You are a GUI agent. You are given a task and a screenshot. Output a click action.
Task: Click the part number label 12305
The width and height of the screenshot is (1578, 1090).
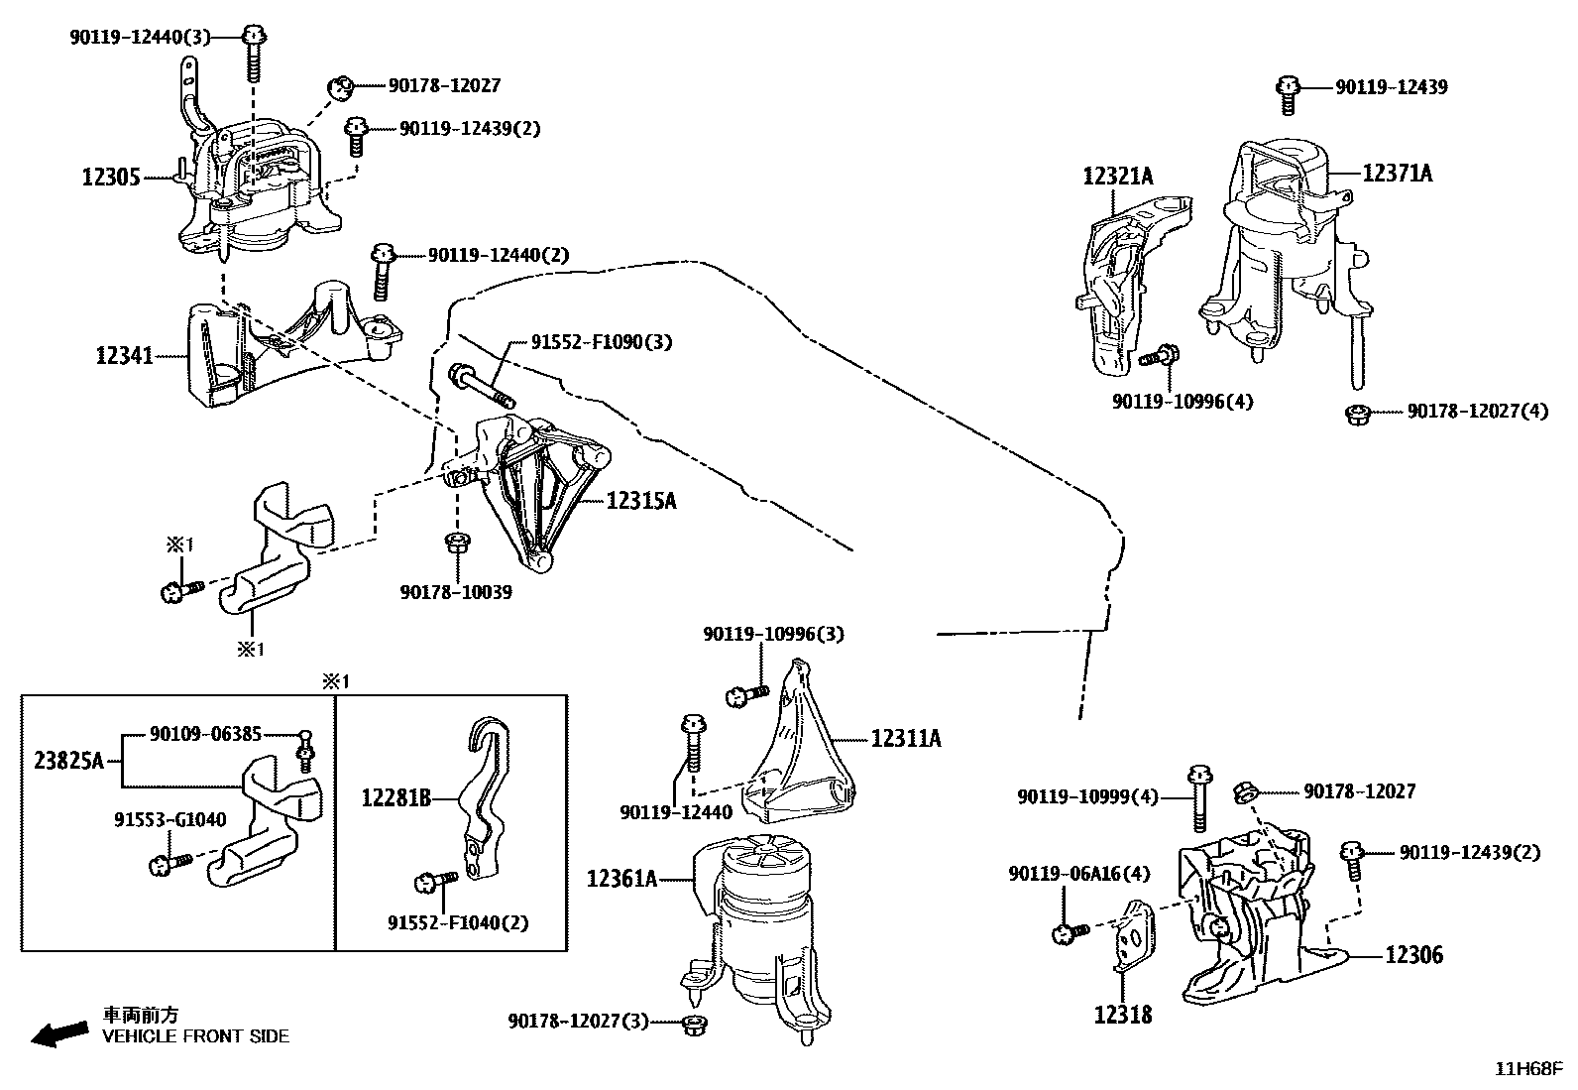(111, 178)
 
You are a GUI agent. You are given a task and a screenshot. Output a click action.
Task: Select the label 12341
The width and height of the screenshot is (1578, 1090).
(125, 355)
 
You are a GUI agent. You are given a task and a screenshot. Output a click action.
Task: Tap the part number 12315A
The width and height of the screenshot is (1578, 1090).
(640, 501)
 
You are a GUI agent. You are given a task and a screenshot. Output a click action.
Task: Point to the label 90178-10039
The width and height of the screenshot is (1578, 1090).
(456, 592)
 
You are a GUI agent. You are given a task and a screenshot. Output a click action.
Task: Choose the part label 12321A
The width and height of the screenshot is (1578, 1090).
(1117, 177)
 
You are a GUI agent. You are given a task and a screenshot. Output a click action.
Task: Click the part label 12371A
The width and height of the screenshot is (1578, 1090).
(1397, 174)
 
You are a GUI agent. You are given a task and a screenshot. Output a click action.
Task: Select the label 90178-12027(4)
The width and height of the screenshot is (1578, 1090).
(1477, 411)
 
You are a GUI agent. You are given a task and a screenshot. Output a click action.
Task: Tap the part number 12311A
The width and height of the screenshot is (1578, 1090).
(906, 738)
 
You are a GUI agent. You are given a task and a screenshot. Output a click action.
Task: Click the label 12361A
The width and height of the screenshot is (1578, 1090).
(621, 878)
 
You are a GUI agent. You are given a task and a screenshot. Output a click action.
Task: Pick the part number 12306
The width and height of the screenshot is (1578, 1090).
(1413, 955)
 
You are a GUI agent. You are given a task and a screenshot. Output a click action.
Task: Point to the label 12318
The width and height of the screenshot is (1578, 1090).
(1123, 1015)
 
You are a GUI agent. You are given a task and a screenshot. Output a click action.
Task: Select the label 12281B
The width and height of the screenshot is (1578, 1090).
(395, 796)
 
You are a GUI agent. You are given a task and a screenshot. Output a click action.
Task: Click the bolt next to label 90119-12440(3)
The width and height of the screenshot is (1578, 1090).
(254, 50)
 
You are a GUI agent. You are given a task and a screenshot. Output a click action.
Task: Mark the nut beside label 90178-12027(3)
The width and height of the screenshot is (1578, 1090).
(694, 1023)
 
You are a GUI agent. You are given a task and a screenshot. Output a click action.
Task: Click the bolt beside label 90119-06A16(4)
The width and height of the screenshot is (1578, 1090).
(1070, 931)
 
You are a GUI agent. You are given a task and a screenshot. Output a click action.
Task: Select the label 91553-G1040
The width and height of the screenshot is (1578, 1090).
(169, 819)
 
